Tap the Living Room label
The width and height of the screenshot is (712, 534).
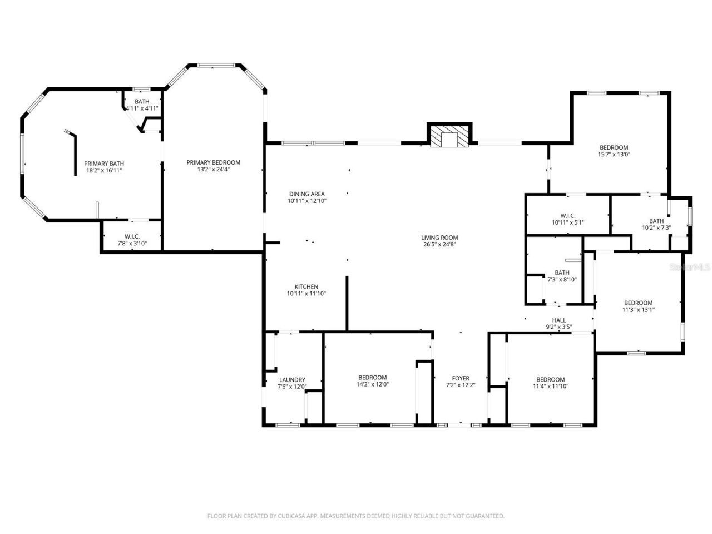pos(439,238)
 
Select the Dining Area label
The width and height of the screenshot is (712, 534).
pos(306,194)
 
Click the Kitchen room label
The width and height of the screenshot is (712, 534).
pos(303,287)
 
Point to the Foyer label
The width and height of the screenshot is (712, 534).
pos(461,379)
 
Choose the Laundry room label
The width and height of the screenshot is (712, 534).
pos(292,380)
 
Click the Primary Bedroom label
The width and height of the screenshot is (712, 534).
pos(213,162)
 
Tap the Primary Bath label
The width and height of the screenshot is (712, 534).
pos(104,164)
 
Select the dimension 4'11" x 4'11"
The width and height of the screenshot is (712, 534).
pos(142,108)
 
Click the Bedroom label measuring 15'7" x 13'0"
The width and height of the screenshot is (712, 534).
pos(614,147)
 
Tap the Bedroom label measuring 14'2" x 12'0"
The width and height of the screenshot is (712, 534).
pos(372,378)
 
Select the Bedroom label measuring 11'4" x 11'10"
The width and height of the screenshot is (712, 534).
pos(550,379)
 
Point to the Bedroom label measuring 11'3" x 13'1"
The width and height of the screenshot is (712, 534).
pos(638,303)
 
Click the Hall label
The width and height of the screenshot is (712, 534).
pos(559,320)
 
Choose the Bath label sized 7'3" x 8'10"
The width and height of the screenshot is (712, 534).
pos(562,273)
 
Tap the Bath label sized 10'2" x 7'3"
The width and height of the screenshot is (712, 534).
pos(656,221)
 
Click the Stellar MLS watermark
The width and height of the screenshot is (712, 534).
pos(690,268)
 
